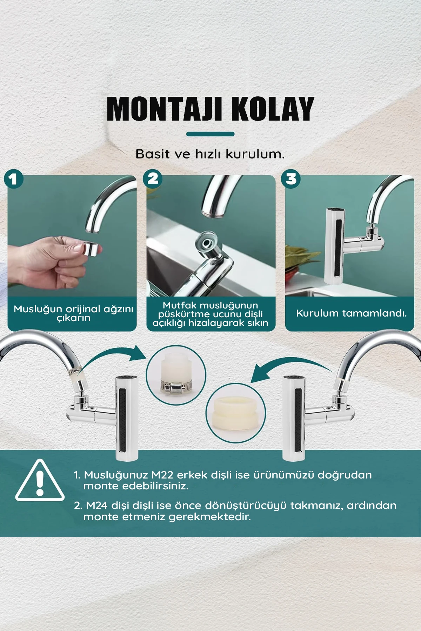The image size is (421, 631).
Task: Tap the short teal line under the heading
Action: click(210, 134)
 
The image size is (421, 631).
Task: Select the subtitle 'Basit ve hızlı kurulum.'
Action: click(210, 154)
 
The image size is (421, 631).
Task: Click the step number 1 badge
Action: click(13, 179)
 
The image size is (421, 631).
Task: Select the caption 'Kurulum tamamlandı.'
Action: click(351, 313)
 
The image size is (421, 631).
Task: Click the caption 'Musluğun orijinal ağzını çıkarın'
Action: click(73, 313)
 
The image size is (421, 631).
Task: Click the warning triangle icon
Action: click(40, 481)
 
